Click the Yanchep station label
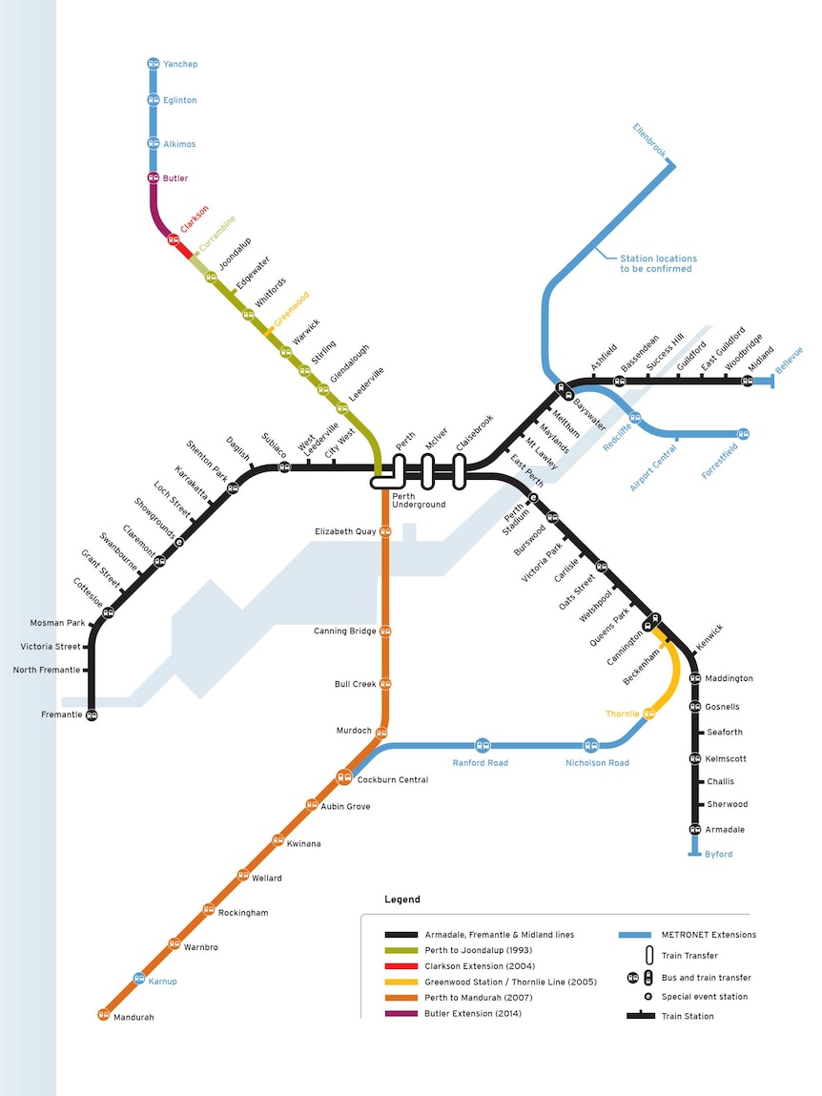pyautogui.click(x=180, y=64)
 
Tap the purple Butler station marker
pyautogui.click(x=154, y=178)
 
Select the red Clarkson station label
pyautogui.click(x=195, y=218)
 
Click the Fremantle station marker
pyautogui.click(x=92, y=715)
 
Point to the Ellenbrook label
pyautogui.click(x=649, y=140)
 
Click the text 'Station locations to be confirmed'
pyautogui.click(x=658, y=263)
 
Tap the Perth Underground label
pyautogui.click(x=418, y=501)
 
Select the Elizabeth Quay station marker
pyautogui.click(x=384, y=532)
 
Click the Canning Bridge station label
pyautogui.click(x=344, y=631)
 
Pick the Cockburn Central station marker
pyautogui.click(x=344, y=776)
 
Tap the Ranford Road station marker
pyautogui.click(x=483, y=745)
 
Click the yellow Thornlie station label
pyautogui.click(x=622, y=713)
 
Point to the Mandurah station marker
pyautogui.click(x=103, y=1014)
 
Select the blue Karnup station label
pyautogui.click(x=162, y=982)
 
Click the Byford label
pyautogui.click(x=719, y=854)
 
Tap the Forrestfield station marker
pyautogui.click(x=744, y=434)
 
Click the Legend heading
pyautogui.click(x=401, y=900)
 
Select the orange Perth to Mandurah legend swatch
pyautogui.click(x=401, y=998)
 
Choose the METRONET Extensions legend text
pyautogui.click(x=709, y=935)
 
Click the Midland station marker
pyautogui.click(x=748, y=381)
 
